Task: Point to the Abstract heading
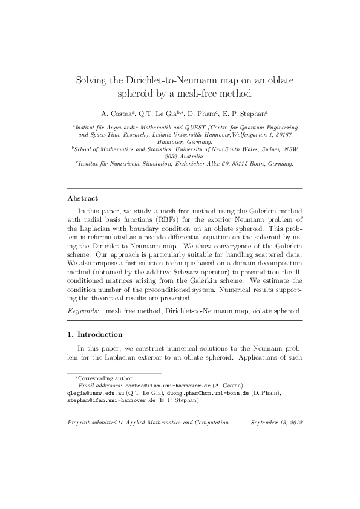coord(82,198)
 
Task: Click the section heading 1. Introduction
coord(94,334)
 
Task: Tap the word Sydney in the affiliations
coord(254,148)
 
